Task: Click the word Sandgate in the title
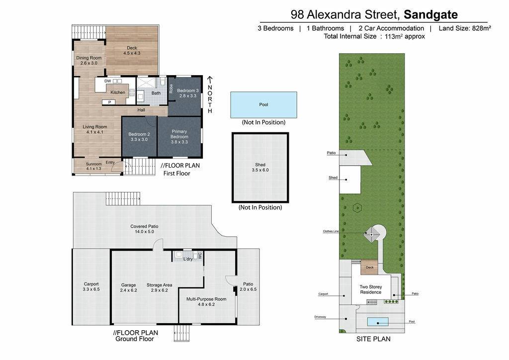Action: coord(430,14)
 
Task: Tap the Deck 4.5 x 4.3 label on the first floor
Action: coord(132,50)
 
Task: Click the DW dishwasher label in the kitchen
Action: coord(108,81)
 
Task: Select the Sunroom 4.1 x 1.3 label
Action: coord(94,166)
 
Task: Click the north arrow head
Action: coord(210,79)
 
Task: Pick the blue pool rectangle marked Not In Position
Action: coord(263,104)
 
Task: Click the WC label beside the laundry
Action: coord(200,256)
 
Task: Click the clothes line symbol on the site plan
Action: coord(372,234)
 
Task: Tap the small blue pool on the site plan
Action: coord(378,322)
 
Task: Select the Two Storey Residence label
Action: coord(371,289)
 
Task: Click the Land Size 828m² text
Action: coord(465,28)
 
